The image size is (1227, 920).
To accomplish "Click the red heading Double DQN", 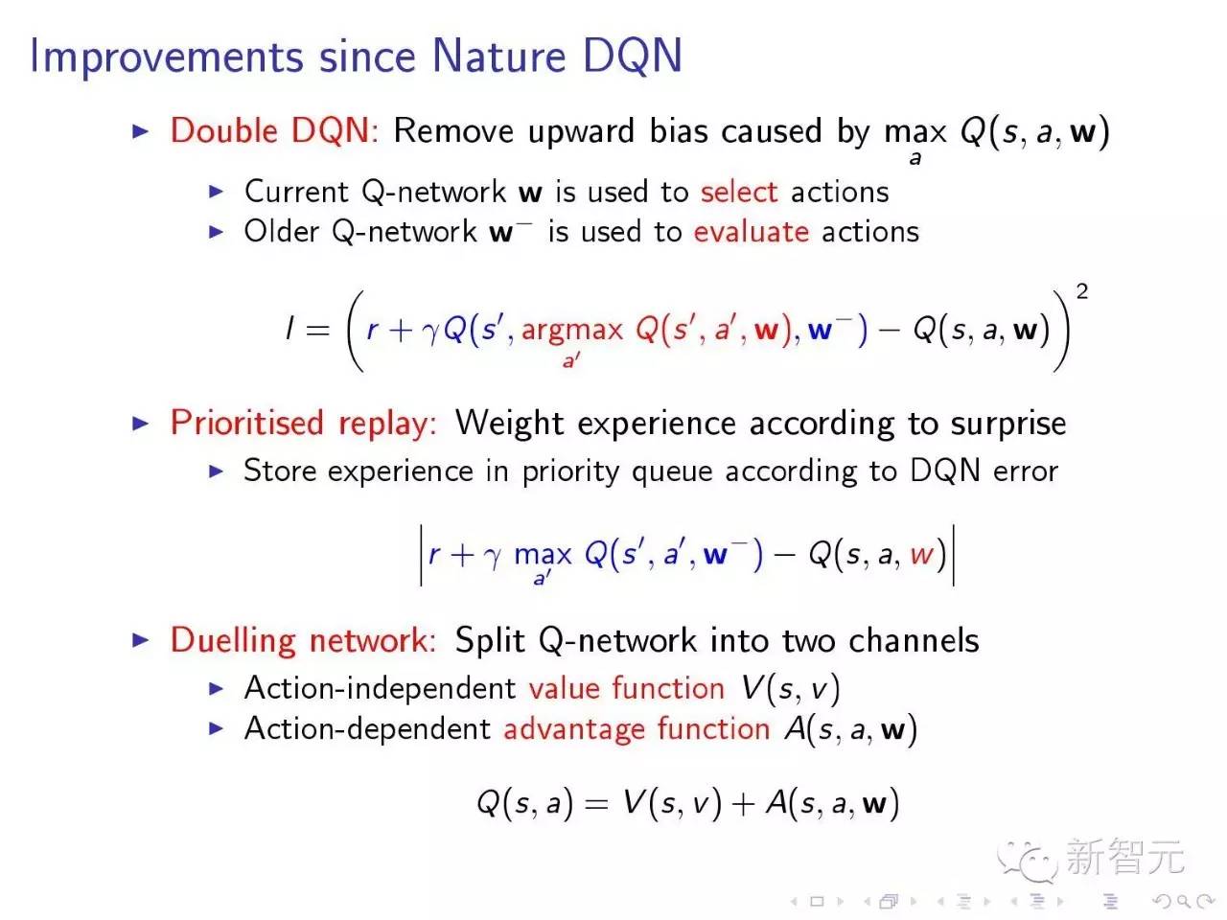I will click(272, 131).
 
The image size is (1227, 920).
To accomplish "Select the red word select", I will click(738, 192).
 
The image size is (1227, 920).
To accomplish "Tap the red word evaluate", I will click(752, 232).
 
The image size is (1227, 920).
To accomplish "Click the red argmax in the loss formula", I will click(571, 331).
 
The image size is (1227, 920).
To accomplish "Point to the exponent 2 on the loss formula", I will click(1082, 291).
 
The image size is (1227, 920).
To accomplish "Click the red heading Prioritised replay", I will click(303, 423).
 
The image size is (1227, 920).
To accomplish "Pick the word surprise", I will click(1007, 424).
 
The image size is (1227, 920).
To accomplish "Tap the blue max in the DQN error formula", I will click(543, 555).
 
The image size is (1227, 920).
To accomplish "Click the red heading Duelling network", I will click(303, 640).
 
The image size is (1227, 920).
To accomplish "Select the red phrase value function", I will click(626, 688).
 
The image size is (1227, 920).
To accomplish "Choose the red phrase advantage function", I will click(637, 729).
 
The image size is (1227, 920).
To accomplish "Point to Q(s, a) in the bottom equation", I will click(524, 803).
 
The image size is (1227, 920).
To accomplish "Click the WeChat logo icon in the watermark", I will click(1025, 860).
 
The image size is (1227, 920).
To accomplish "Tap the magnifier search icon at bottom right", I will click(1183, 901).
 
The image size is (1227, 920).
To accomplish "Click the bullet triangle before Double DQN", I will click(141, 131).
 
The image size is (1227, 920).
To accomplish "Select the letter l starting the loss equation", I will click(289, 330).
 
